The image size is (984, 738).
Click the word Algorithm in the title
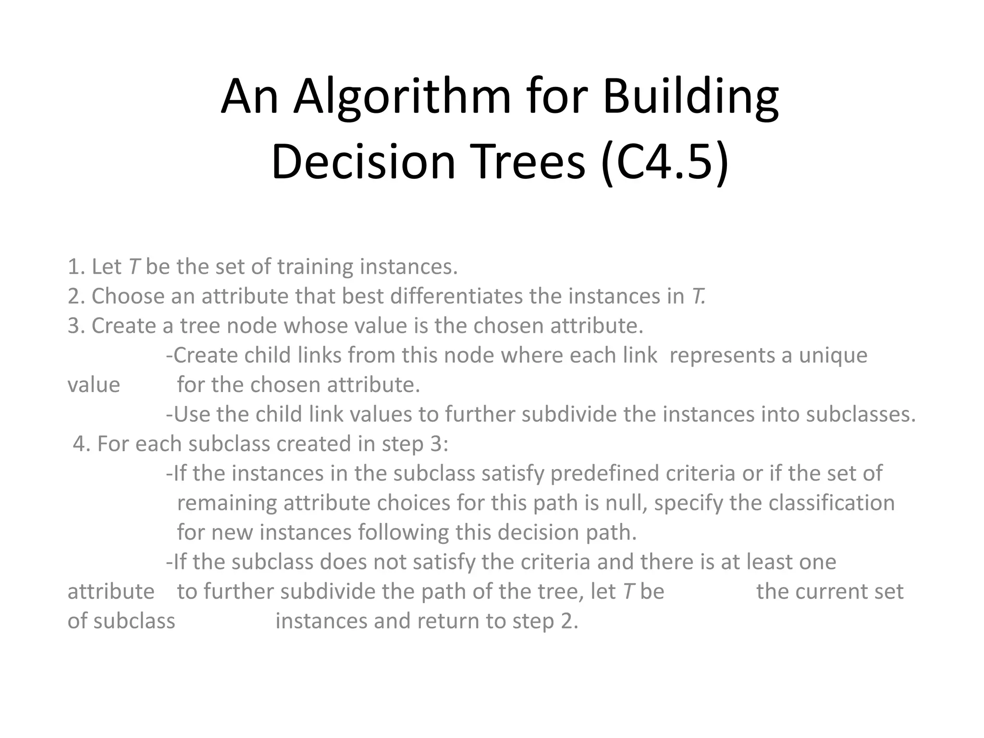click(x=402, y=98)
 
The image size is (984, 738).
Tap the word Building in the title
click(x=690, y=98)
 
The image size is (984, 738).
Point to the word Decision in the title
click(x=363, y=162)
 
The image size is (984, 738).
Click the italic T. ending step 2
click(x=698, y=296)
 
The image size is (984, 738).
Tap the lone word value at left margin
click(x=94, y=385)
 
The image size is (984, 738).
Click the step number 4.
click(x=82, y=444)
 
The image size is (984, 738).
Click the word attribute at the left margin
click(x=111, y=591)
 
